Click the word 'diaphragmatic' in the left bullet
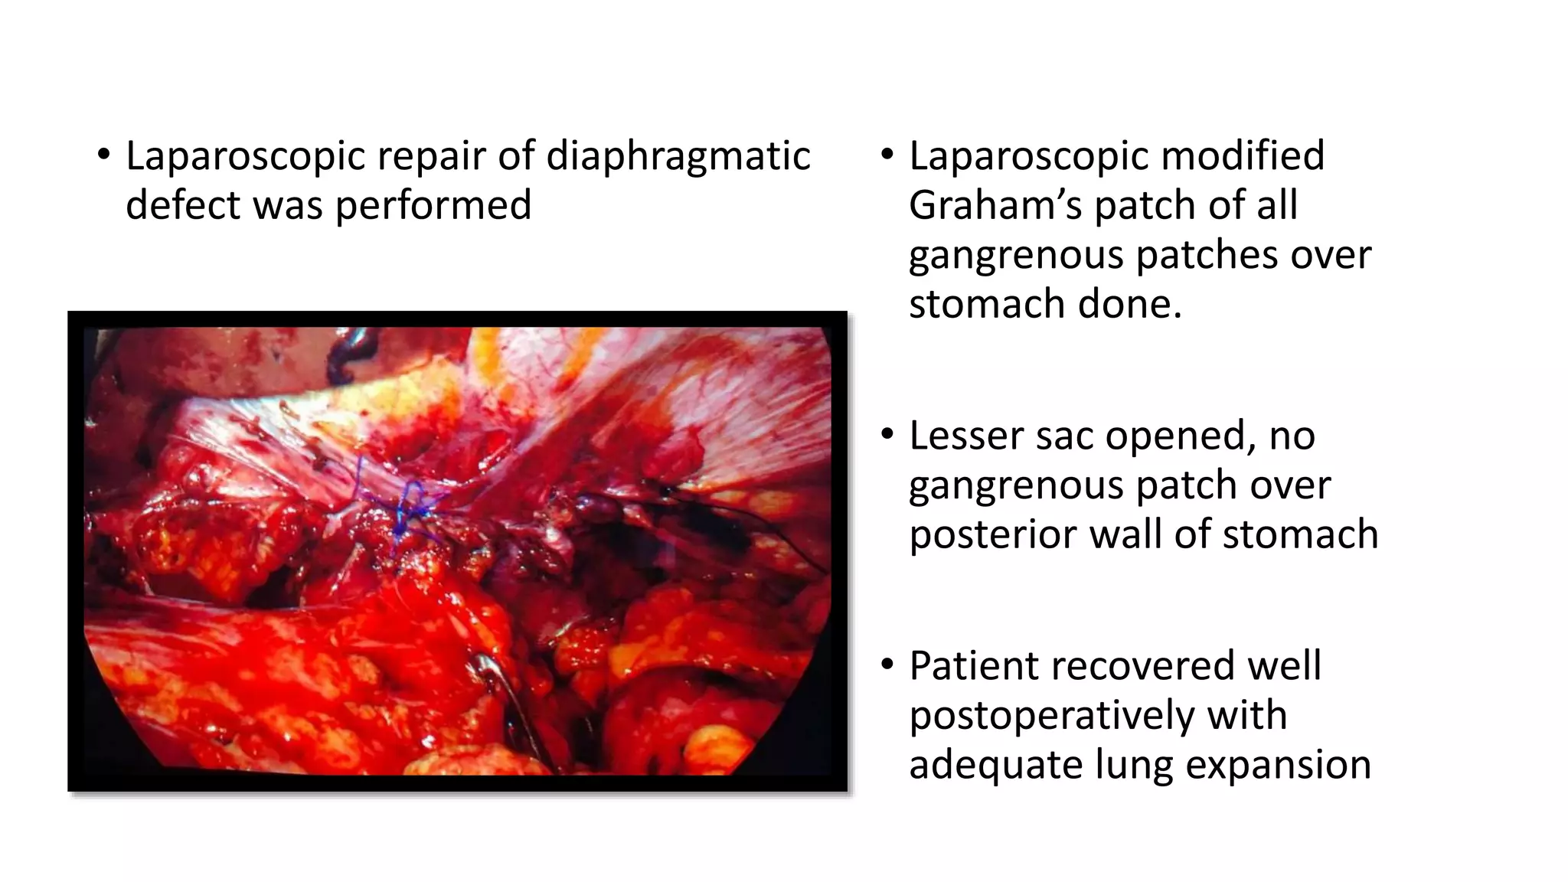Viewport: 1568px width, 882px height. tap(678, 156)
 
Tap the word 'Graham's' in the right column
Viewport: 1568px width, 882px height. tap(995, 205)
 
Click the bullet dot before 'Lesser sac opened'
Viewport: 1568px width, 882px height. tap(887, 435)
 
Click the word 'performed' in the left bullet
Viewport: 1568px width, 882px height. tap(433, 205)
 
